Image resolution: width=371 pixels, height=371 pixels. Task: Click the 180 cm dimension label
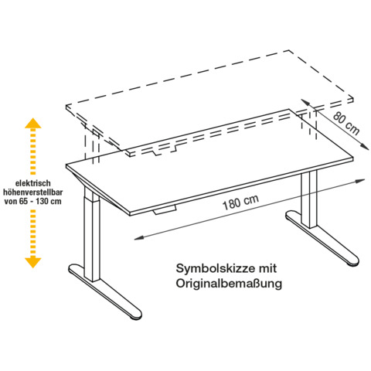click(x=240, y=203)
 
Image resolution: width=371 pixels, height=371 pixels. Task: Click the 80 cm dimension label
click(x=346, y=123)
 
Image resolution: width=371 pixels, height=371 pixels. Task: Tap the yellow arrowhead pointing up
click(x=33, y=123)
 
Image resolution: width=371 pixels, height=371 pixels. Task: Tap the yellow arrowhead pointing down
click(x=33, y=263)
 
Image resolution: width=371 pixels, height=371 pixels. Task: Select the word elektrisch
click(x=33, y=183)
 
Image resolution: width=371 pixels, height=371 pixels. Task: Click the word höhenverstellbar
click(x=33, y=192)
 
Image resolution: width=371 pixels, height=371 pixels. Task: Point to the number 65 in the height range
click(x=23, y=201)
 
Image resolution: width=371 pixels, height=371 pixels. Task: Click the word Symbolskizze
click(x=215, y=268)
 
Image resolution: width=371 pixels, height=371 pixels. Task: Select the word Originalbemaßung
click(x=229, y=284)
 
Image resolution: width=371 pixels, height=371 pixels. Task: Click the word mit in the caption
click(x=267, y=268)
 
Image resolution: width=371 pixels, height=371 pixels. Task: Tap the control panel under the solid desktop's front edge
click(x=165, y=209)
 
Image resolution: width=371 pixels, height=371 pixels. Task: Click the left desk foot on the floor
click(x=105, y=291)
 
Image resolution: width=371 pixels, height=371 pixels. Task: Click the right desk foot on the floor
click(x=322, y=239)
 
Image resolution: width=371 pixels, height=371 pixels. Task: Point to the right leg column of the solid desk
click(x=309, y=199)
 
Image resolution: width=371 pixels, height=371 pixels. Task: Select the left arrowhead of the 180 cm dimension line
click(x=138, y=238)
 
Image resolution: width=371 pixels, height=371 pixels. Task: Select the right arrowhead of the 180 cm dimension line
click(x=360, y=181)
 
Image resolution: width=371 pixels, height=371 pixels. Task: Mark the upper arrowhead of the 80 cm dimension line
click(x=305, y=102)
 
